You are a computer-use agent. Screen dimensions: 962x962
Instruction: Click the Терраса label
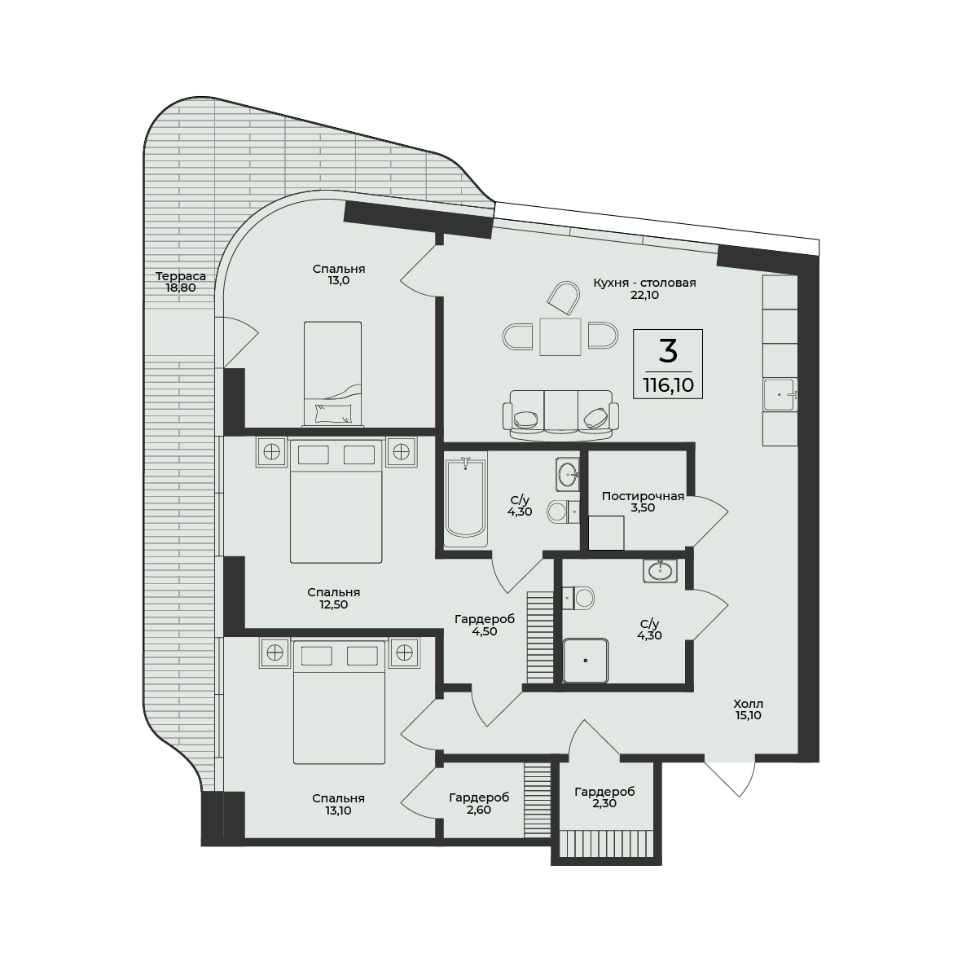(x=180, y=276)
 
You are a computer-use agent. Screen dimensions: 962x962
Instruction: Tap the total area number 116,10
(x=668, y=385)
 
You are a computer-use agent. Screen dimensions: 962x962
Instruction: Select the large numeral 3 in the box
(x=668, y=351)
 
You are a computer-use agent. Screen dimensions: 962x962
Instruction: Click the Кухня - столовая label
(x=645, y=283)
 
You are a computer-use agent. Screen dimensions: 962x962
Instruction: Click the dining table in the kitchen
(x=560, y=336)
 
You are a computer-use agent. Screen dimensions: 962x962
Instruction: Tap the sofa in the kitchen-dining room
(x=560, y=414)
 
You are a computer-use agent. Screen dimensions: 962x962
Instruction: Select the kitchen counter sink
(x=780, y=394)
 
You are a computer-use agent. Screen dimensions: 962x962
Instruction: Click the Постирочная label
(x=643, y=496)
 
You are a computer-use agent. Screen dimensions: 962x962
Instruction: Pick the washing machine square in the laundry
(x=606, y=533)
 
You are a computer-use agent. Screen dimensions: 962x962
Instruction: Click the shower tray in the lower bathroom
(x=586, y=661)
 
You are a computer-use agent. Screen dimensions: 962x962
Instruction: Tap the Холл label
(x=749, y=704)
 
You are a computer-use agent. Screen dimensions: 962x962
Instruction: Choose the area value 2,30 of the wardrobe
(x=604, y=803)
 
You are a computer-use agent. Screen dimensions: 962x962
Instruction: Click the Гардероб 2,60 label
(x=479, y=803)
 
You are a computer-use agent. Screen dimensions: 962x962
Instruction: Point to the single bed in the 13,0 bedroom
(x=332, y=374)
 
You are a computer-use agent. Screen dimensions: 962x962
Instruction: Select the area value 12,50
(x=333, y=604)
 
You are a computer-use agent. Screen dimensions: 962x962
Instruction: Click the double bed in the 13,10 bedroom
(x=340, y=702)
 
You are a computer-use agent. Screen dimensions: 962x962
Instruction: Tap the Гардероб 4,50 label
(x=485, y=625)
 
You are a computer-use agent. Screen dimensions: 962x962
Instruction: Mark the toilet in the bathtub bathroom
(x=564, y=511)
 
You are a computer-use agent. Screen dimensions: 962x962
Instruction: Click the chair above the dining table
(x=563, y=299)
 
